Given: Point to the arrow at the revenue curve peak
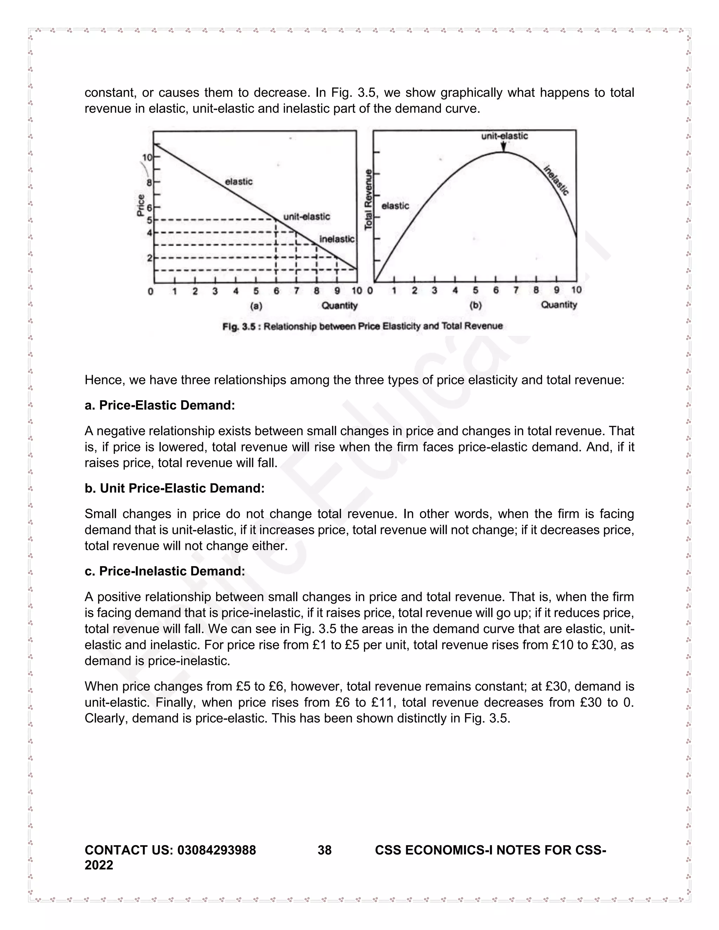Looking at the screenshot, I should pyautogui.click(x=503, y=146).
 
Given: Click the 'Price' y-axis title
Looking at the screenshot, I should pyautogui.click(x=140, y=205).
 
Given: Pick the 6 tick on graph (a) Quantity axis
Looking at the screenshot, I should pyautogui.click(x=276, y=291).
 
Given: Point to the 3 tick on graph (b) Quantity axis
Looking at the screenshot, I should pyautogui.click(x=435, y=291).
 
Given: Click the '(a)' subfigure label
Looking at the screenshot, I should pyautogui.click(x=256, y=306).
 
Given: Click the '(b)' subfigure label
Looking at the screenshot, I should pyautogui.click(x=475, y=305).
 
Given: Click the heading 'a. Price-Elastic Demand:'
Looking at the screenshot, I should pyautogui.click(x=160, y=405).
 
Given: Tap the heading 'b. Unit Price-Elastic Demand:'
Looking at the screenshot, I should pyautogui.click(x=174, y=488).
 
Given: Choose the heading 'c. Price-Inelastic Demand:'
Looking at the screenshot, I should pyautogui.click(x=165, y=571).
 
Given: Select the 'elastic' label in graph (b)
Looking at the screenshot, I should pyautogui.click(x=395, y=206).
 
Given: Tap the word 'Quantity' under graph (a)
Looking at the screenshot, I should pyautogui.click(x=339, y=306).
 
